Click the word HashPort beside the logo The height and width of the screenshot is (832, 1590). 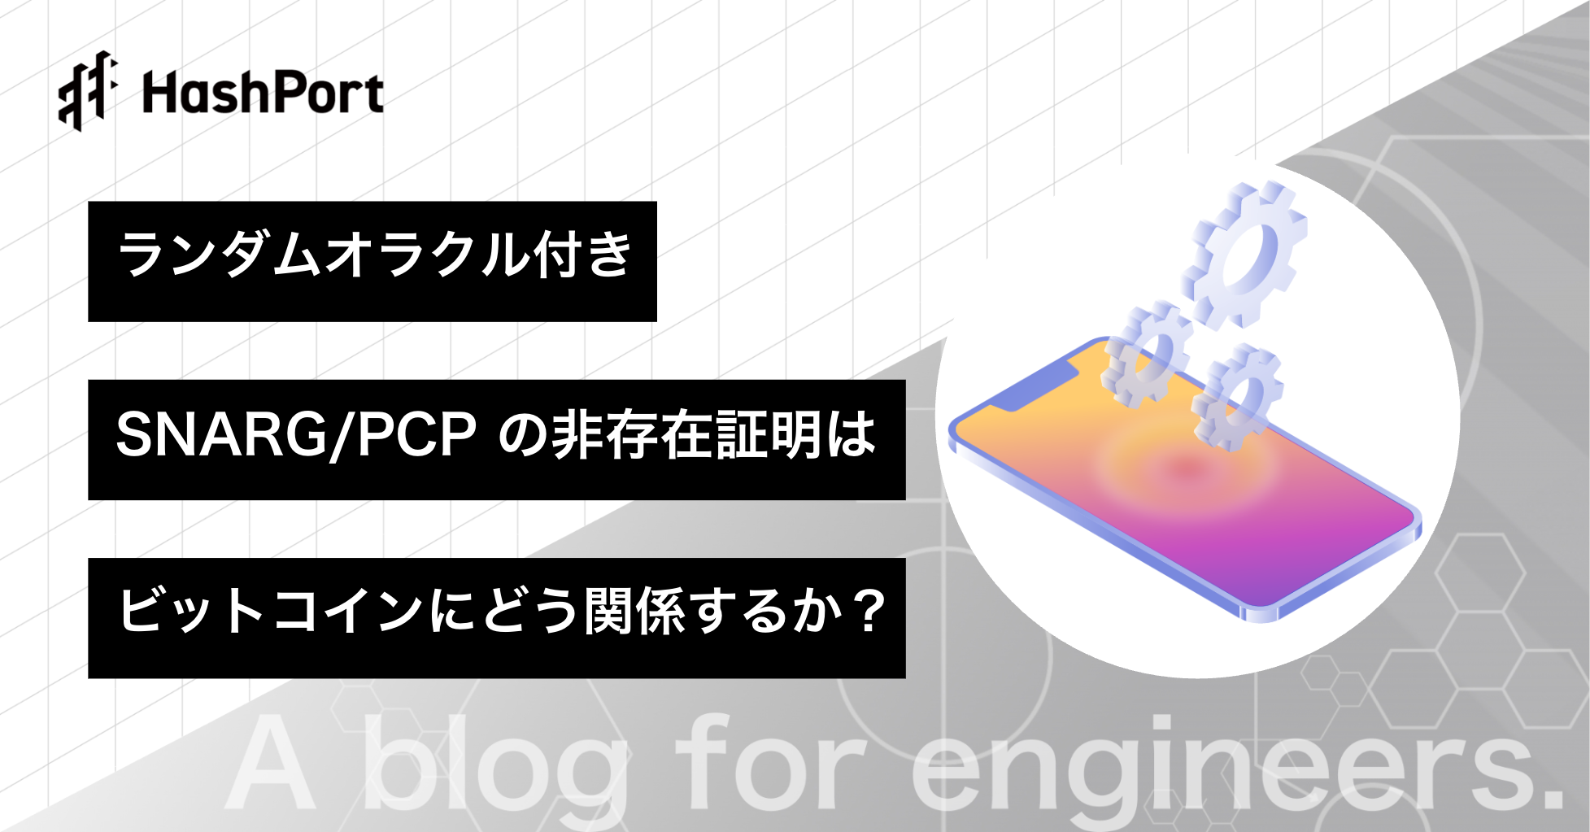click(263, 93)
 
